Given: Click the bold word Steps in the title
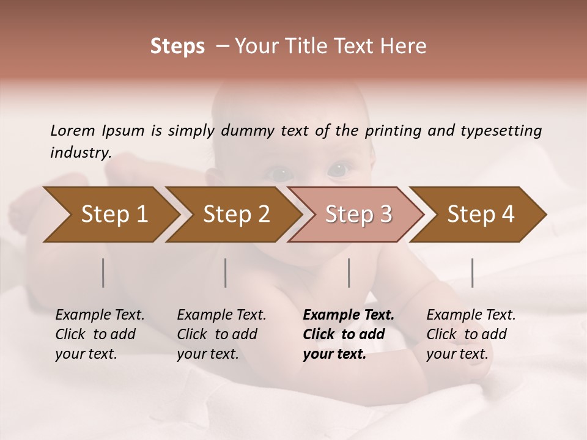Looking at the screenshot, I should point(177,46).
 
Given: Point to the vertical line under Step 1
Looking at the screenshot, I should point(103,273).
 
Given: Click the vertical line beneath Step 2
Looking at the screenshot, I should point(226,273).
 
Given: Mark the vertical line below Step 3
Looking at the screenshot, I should point(349,273).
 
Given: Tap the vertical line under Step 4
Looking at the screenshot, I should point(472,273).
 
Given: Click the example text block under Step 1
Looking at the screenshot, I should point(100,334).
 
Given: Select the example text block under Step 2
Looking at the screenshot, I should point(221,334).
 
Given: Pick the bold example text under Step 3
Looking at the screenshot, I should point(348,334).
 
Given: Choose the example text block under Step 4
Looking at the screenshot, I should point(471,334).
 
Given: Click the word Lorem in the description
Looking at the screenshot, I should point(73,130).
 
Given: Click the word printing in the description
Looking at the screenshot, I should point(394,130).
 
